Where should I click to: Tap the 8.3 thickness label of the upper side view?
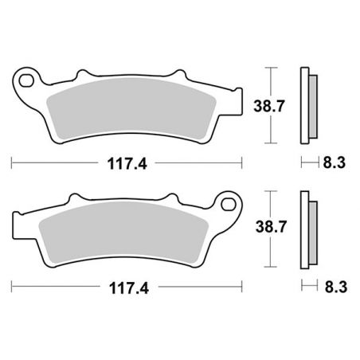coord(335,164)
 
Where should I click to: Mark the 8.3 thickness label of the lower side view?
coord(335,286)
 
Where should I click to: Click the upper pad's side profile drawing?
coord(307,104)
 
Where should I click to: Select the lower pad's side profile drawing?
coord(307,228)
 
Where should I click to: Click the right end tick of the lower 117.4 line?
coord(242,286)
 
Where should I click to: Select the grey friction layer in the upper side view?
coord(312,105)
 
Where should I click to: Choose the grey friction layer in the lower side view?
coord(312,229)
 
